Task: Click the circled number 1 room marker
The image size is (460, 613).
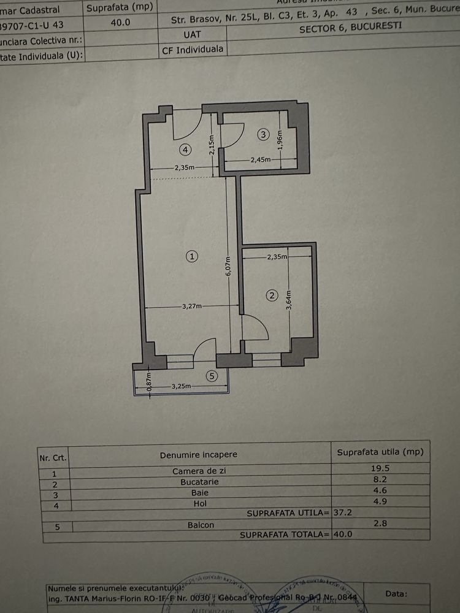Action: click(193, 257)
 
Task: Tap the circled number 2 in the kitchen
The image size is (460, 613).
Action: click(272, 296)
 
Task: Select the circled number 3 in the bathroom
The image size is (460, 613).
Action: click(263, 134)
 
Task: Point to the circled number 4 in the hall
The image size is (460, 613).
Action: click(184, 148)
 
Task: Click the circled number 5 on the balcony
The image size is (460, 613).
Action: click(212, 376)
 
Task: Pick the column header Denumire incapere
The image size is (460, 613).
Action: click(198, 455)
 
